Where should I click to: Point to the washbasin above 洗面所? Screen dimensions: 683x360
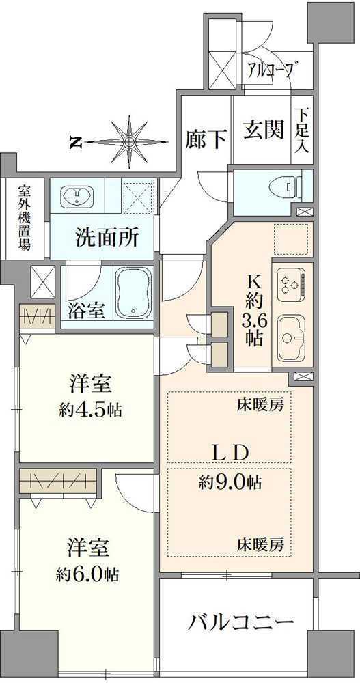pyautogui.click(x=81, y=198)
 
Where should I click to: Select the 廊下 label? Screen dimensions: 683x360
pyautogui.click(x=206, y=139)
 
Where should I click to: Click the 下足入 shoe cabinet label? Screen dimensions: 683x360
pyautogui.click(x=302, y=130)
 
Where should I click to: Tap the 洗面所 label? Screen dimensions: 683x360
pyautogui.click(x=107, y=238)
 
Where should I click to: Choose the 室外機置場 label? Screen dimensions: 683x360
pyautogui.click(x=24, y=217)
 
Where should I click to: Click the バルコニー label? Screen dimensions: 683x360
pyautogui.click(x=241, y=622)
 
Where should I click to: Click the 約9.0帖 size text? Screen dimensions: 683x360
pyautogui.click(x=230, y=483)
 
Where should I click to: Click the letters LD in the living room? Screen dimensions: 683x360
pyautogui.click(x=229, y=452)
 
